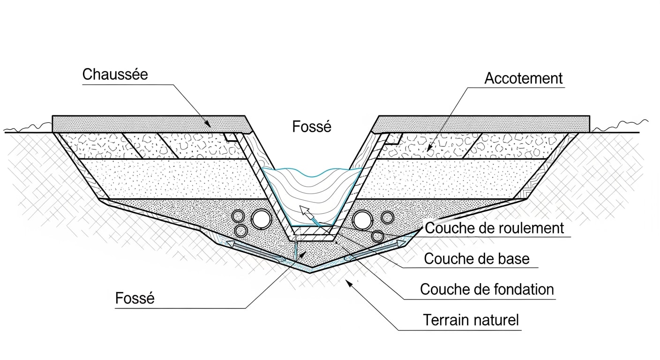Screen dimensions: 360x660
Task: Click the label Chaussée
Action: tap(115, 74)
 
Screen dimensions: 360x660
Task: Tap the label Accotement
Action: tap(523, 78)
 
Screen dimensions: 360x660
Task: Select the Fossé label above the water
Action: tap(312, 127)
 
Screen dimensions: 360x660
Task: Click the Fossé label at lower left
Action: tap(135, 298)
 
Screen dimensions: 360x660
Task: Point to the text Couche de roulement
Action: tap(494, 228)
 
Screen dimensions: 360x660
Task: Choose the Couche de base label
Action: tap(477, 258)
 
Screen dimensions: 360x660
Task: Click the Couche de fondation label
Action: tap(487, 289)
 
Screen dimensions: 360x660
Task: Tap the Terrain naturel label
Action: tap(471, 320)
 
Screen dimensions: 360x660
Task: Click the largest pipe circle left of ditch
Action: tap(261, 218)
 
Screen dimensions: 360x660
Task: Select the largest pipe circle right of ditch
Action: tap(362, 219)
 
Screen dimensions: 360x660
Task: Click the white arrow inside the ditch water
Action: tap(307, 215)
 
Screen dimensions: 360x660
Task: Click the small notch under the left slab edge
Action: tap(230, 136)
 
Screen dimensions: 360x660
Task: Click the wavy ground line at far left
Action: tap(28, 127)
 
